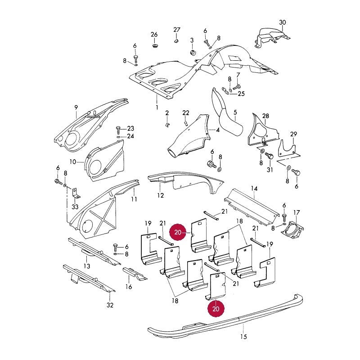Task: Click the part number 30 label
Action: click(283, 22)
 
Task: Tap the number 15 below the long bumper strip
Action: click(243, 337)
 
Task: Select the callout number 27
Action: click(177, 30)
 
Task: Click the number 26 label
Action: click(154, 35)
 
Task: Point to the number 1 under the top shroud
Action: click(157, 107)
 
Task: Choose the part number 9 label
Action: click(76, 107)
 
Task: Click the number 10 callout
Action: click(72, 162)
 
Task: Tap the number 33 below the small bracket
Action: click(75, 207)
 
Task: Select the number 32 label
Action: click(110, 305)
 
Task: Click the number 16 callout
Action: click(129, 287)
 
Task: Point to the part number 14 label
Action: click(254, 189)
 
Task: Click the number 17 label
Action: click(297, 212)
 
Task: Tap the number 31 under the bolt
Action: click(270, 170)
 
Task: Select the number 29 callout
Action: click(294, 134)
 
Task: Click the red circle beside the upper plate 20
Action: click(178, 232)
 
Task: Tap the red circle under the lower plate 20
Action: click(216, 309)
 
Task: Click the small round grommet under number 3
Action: click(193, 53)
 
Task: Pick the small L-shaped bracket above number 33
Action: click(76, 193)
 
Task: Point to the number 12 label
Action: click(161, 195)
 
